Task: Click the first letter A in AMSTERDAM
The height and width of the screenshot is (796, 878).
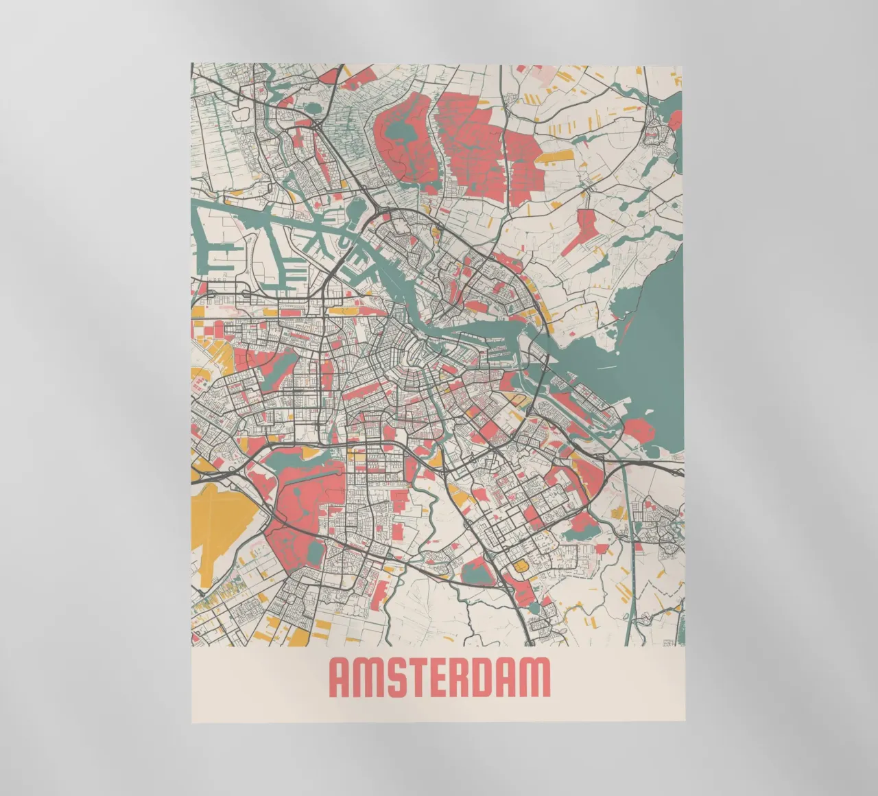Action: click(x=341, y=678)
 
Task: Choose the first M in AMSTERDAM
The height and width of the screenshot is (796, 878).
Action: click(x=368, y=678)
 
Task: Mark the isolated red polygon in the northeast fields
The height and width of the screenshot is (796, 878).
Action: click(x=586, y=229)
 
